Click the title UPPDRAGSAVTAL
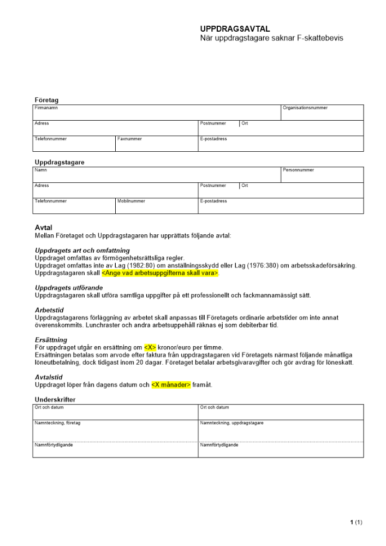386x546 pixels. coord(235,29)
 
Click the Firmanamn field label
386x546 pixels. coord(46,108)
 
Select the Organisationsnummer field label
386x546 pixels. coord(305,108)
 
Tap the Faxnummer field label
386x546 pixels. coord(129,139)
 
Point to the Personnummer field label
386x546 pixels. coord(298,170)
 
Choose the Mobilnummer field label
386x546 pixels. coord(131,201)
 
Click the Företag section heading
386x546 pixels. coord(46,100)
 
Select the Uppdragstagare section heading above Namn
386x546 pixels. coord(60,162)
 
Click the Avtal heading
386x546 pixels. coord(43,228)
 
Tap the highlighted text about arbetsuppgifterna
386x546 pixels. coord(160,273)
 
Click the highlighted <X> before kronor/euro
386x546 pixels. coord(150,347)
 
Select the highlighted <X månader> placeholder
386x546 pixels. coord(171,385)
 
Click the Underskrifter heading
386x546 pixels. coord(55,400)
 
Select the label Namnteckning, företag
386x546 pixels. coord(57,423)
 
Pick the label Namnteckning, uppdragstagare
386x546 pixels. coord(232,423)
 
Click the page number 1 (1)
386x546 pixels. coord(356,523)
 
